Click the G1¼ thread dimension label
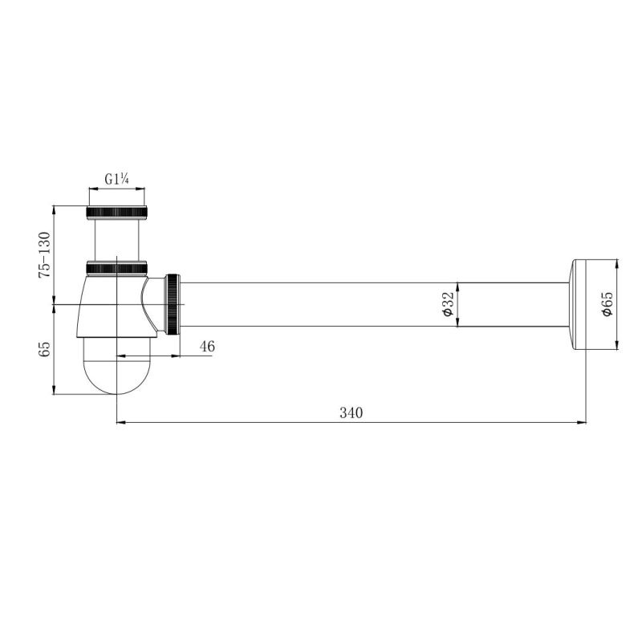(116, 179)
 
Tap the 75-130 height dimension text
(44, 255)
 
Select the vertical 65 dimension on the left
(44, 349)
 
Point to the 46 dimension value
(207, 347)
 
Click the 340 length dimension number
(351, 412)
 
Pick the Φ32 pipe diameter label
(449, 304)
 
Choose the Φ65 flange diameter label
(607, 304)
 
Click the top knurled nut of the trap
(116, 213)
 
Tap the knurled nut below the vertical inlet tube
(116, 267)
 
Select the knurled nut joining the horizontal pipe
(173, 304)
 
